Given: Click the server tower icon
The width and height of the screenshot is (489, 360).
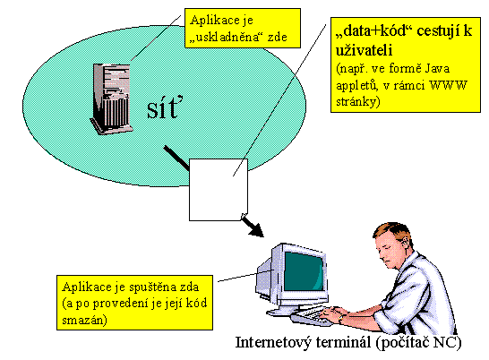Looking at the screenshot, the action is click(111, 99).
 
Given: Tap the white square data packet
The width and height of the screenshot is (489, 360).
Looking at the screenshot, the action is click(219, 190).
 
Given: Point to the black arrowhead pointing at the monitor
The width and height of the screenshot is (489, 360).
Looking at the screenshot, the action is click(256, 229).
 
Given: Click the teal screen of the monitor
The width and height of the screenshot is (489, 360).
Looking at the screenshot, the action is click(304, 271).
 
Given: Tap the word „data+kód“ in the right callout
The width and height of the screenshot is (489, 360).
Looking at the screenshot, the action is click(373, 31).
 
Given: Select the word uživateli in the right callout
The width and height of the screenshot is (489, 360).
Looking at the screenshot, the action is click(364, 50).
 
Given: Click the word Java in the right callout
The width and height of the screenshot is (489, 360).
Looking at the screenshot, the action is click(438, 68).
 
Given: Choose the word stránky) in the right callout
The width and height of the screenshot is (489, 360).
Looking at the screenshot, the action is click(358, 102).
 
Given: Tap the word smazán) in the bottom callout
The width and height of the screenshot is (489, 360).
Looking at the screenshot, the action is click(84, 320).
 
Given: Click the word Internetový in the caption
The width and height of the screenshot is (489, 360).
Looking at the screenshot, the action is click(273, 342).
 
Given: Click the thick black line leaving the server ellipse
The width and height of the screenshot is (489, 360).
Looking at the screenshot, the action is click(176, 158).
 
